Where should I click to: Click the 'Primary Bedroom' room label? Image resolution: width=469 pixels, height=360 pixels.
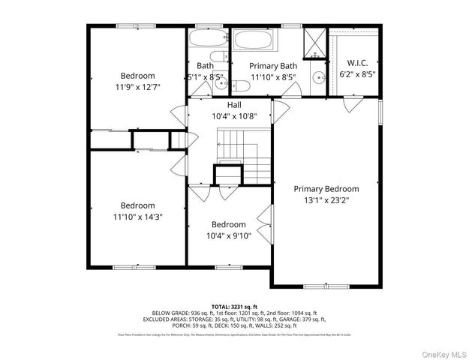point(326,189)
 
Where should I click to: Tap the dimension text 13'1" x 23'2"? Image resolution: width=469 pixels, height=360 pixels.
point(326,200)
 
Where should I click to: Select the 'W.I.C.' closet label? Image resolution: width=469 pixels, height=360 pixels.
point(356,63)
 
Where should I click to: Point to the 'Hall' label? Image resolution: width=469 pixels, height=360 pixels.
point(234,105)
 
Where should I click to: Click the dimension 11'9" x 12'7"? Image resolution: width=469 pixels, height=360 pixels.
point(137,87)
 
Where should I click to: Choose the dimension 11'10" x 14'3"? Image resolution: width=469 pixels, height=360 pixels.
point(137,217)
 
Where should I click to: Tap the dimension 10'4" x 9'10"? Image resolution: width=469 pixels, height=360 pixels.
point(228,235)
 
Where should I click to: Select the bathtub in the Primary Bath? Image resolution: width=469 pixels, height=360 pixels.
point(254,40)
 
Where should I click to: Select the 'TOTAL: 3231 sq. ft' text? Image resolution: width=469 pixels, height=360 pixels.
point(234,306)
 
